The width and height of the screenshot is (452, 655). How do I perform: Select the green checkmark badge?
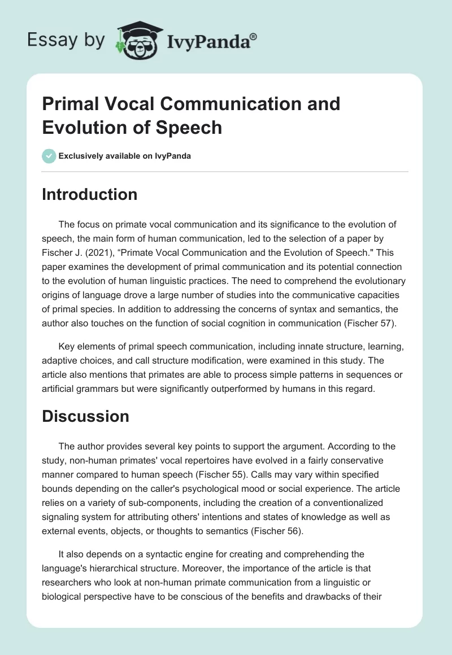click(49, 155)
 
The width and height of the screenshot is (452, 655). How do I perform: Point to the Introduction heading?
click(90, 194)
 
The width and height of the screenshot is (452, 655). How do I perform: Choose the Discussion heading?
click(86, 416)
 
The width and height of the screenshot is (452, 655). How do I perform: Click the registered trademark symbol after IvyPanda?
click(254, 36)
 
